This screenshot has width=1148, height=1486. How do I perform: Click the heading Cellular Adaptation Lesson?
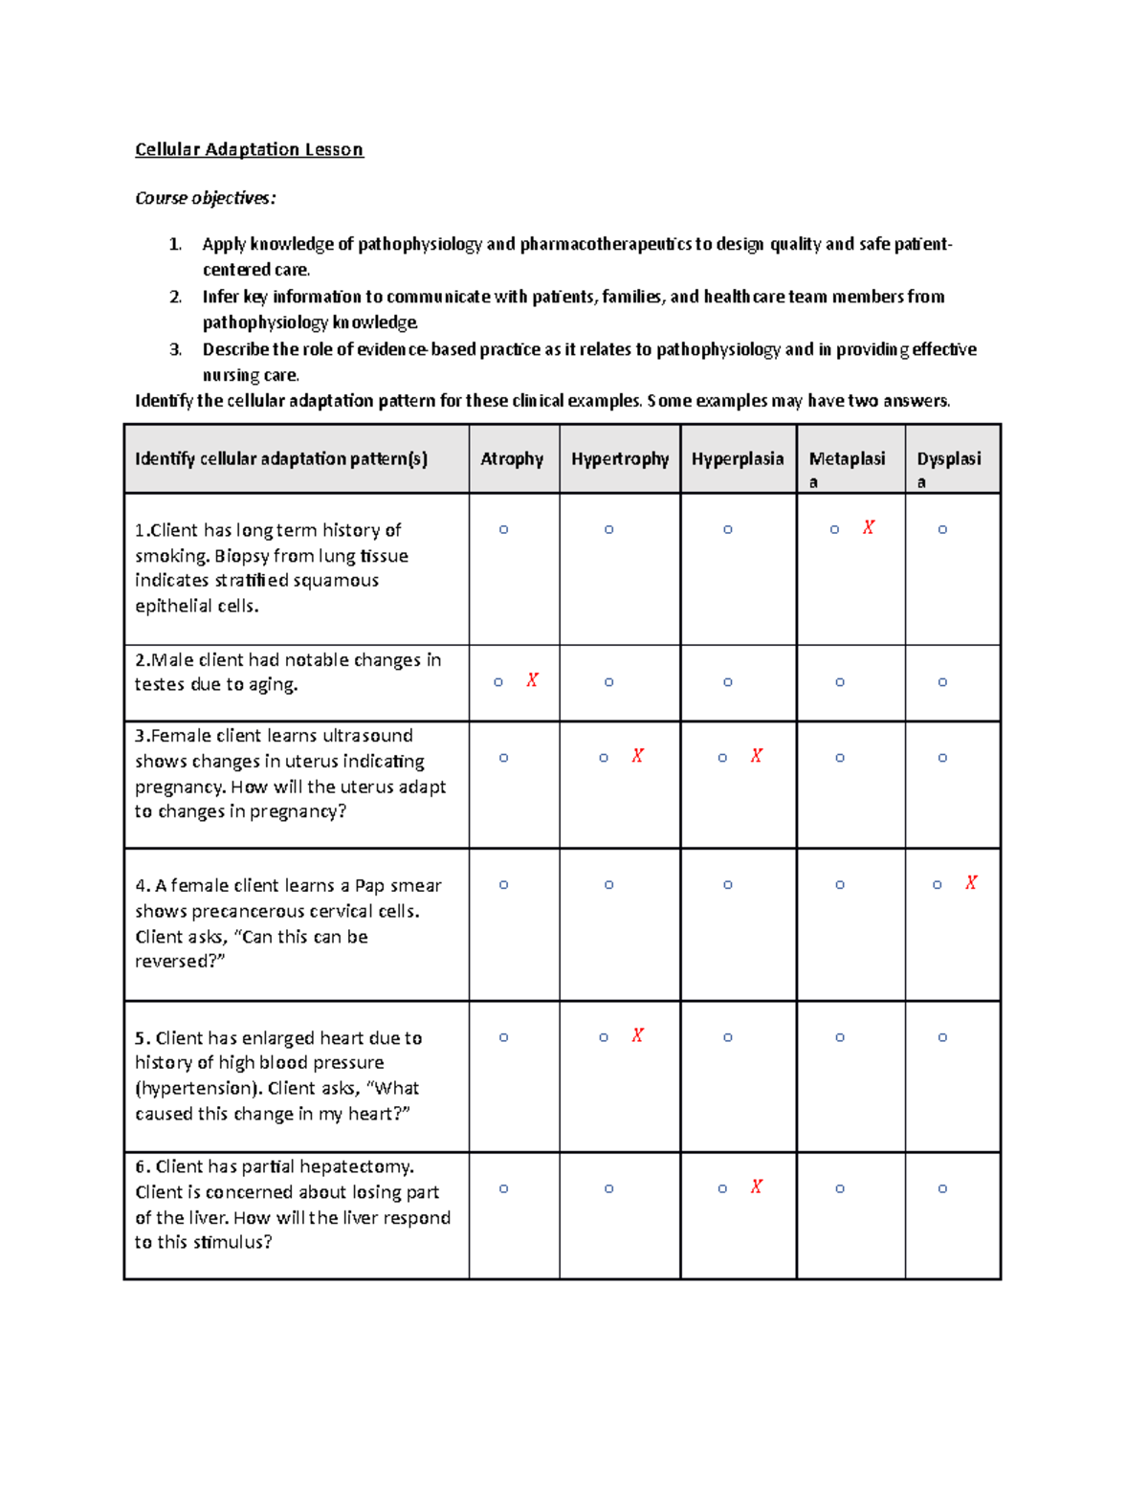click(249, 149)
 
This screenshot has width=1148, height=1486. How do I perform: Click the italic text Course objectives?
click(205, 198)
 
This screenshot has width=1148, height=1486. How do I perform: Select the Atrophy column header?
click(512, 459)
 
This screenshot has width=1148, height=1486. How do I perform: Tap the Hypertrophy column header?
click(620, 459)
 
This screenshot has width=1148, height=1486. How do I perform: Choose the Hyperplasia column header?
click(738, 459)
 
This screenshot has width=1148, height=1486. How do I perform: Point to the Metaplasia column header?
click(847, 460)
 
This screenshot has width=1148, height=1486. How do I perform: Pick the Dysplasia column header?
click(949, 460)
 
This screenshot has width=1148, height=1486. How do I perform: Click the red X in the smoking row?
click(869, 528)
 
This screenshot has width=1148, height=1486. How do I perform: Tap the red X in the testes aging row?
click(532, 680)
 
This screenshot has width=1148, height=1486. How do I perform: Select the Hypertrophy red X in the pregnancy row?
click(637, 756)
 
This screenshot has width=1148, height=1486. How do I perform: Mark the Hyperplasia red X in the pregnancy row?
click(756, 756)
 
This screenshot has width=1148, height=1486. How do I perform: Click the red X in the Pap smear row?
click(971, 883)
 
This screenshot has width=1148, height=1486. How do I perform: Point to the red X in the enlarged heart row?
click(637, 1035)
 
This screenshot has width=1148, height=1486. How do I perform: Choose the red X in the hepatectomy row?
click(756, 1187)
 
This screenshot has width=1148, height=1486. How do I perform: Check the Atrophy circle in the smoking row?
click(503, 529)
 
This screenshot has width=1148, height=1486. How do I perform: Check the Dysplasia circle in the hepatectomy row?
click(942, 1188)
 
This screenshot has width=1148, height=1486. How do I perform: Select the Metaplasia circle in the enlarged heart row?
click(840, 1037)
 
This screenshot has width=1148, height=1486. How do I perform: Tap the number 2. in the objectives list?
click(175, 297)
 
